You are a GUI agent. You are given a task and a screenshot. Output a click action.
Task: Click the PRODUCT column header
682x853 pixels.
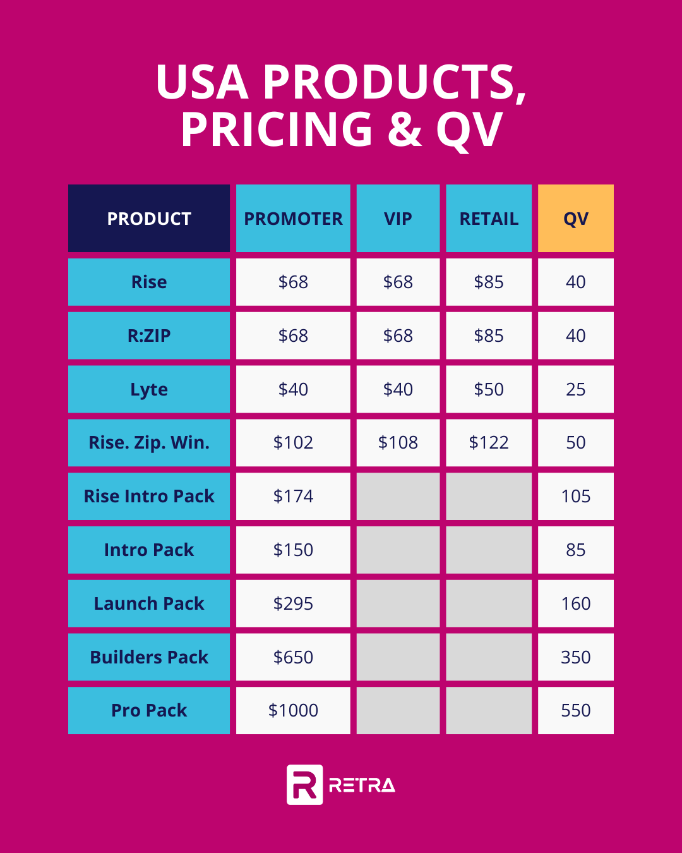point(149,219)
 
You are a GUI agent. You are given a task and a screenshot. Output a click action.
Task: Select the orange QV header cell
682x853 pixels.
point(575,219)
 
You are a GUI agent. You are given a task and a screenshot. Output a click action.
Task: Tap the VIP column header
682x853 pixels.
point(398,219)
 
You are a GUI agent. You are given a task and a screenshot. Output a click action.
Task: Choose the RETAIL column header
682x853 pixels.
point(489,219)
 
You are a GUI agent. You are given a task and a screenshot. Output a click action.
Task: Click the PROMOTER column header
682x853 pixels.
point(293,219)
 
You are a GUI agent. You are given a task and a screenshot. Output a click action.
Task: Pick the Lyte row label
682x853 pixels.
point(149,389)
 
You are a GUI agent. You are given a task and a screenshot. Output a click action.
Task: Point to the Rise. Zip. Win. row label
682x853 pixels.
point(149,442)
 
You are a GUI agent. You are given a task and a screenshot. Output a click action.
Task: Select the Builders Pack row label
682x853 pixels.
point(149,657)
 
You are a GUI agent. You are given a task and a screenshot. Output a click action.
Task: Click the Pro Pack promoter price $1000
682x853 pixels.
point(293,710)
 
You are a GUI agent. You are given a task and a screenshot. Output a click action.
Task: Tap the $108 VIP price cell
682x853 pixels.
point(398,442)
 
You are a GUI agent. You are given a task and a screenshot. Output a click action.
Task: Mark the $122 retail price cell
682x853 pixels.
point(489,442)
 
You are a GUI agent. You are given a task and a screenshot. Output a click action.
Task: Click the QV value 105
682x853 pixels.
point(575,496)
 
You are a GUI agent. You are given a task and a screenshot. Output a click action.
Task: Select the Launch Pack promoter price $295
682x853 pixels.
point(293,603)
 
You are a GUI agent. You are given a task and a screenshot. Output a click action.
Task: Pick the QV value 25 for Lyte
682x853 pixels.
point(575,389)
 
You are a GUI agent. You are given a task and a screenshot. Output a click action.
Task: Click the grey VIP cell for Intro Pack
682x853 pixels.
point(398,550)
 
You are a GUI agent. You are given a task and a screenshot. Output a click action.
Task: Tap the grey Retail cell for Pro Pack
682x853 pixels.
point(489,710)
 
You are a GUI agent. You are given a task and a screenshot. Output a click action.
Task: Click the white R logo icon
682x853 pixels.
point(304,785)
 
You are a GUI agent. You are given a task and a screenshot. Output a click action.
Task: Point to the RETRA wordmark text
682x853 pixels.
point(362,785)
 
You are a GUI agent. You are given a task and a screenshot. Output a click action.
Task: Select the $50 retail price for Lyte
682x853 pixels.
point(489,389)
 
